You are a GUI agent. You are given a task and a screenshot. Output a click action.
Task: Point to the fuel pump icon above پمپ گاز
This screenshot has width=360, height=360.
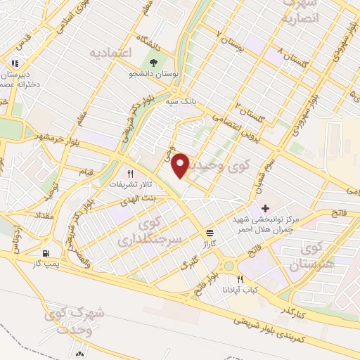46,253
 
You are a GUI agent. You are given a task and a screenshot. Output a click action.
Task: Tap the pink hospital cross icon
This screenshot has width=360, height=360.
265,208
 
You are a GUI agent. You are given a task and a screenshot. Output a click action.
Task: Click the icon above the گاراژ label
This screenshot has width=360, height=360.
209,233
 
